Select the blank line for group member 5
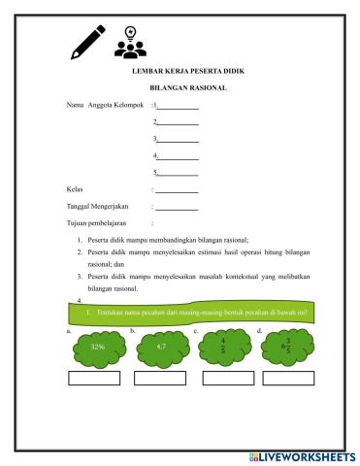(x=178, y=172)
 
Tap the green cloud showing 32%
(x=98, y=347)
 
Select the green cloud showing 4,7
(x=161, y=347)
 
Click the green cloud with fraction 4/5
(x=224, y=347)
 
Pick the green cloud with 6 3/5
(x=288, y=347)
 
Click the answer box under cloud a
(x=99, y=378)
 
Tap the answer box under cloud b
(x=163, y=378)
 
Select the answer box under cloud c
(x=225, y=378)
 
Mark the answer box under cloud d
(x=288, y=378)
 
